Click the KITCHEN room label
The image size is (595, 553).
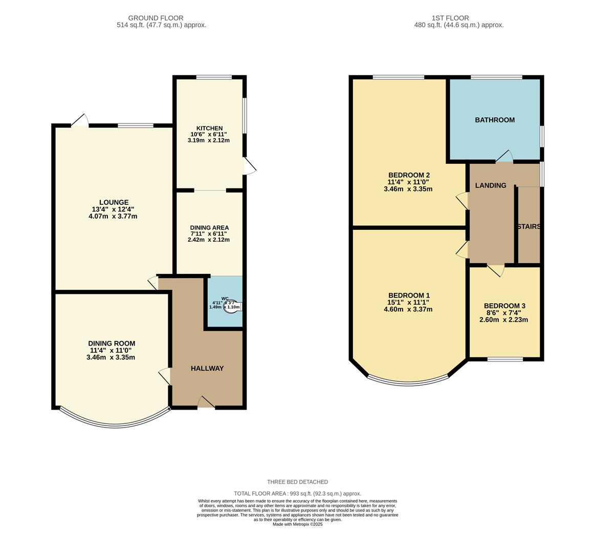coord(209,129)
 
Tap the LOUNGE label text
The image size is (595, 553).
coord(114,202)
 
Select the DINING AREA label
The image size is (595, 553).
coord(209,228)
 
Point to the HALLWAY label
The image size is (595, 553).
coord(207,368)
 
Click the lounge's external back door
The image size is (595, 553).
coord(80,121)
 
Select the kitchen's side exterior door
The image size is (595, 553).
coord(249,166)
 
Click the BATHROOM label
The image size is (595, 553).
coord(495,120)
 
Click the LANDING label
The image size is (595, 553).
coord(491,185)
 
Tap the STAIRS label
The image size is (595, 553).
coord(529,226)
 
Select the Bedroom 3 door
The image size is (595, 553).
coord(496,270)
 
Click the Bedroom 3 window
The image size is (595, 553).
coord(505,359)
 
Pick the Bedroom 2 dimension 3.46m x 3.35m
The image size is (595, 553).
coord(408,189)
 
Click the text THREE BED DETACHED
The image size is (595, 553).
coord(297,482)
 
